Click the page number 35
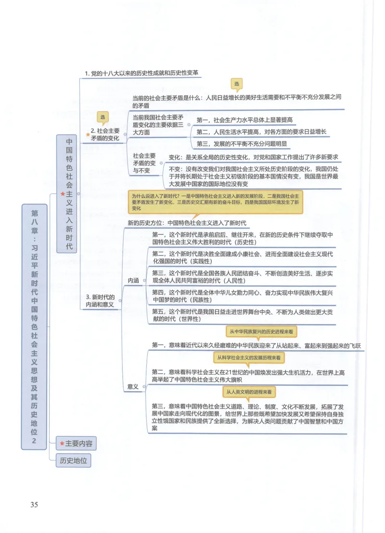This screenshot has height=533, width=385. pos(34,505)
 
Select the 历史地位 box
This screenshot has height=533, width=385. pos(73,460)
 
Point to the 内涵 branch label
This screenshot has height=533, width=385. pos(134,280)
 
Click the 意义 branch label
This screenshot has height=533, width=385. pos(134,386)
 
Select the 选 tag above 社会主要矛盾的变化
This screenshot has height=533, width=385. pos(102,117)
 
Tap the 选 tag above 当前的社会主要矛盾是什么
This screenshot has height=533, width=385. pos(237,84)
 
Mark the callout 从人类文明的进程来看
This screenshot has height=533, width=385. pos(249,392)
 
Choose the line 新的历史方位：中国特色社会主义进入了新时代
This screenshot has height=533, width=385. pos(187,223)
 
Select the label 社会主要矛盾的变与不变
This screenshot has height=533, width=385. pos(144,163)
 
